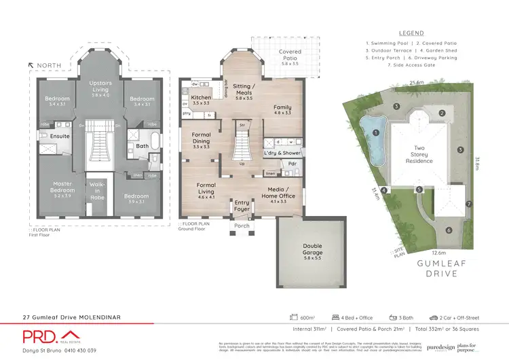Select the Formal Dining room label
pos(201,139)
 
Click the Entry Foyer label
pos(242,205)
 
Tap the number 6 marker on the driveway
pos(449,230)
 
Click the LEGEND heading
pos(411,33)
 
